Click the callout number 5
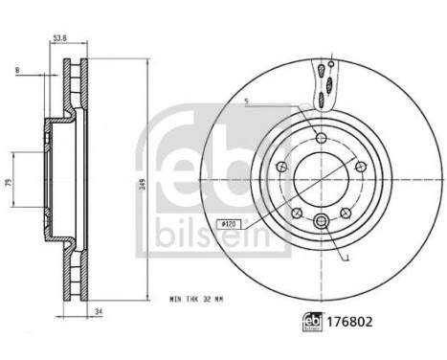tap(246, 101)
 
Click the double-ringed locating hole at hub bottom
tap(321, 224)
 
